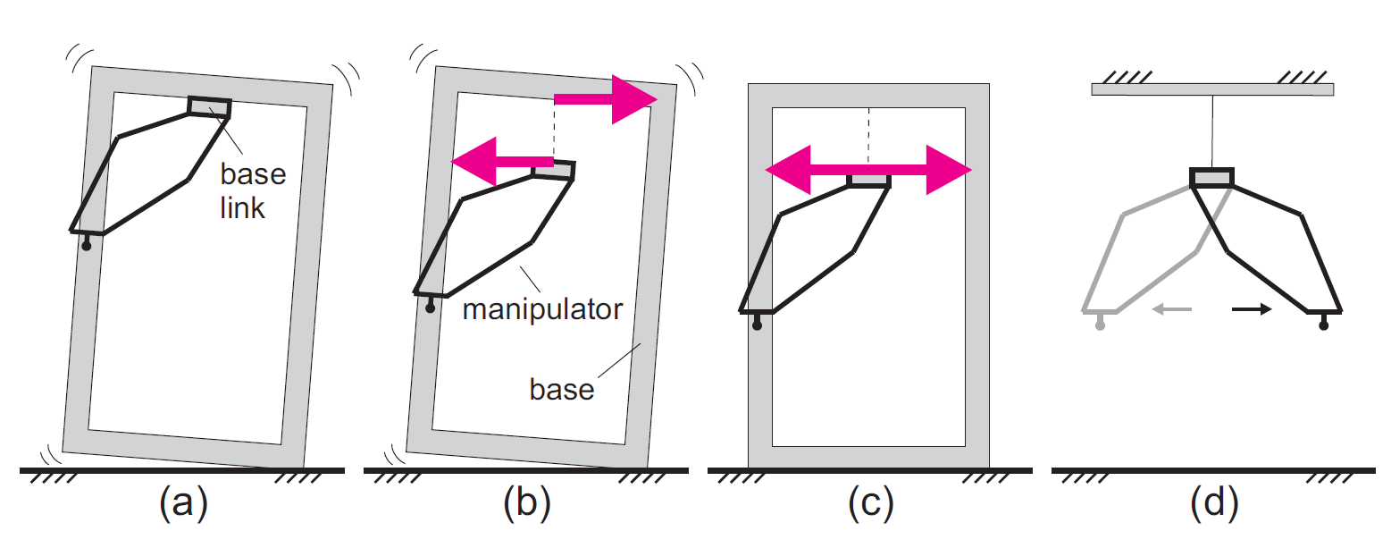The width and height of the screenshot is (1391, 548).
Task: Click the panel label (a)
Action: pyautogui.click(x=184, y=502)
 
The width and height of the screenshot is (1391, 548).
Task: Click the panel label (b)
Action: pyautogui.click(x=527, y=502)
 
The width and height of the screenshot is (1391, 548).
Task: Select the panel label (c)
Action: pyautogui.click(x=871, y=502)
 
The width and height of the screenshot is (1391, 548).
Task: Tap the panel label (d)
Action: pyautogui.click(x=1215, y=502)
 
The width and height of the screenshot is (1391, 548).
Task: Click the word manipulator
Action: pyautogui.click(x=542, y=309)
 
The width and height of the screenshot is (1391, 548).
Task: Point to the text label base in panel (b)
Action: pyautogui.click(x=562, y=390)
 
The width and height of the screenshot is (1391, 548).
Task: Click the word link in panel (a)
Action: pyautogui.click(x=242, y=207)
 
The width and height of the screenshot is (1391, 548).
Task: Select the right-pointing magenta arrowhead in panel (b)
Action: pyautogui.click(x=634, y=99)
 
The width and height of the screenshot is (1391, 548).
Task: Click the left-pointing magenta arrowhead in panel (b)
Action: pyautogui.click(x=473, y=162)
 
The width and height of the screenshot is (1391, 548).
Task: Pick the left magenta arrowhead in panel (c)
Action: pyautogui.click(x=788, y=170)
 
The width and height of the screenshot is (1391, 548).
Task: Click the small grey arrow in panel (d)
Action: pyautogui.click(x=1172, y=308)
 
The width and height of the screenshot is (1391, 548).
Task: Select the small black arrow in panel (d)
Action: pyautogui.click(x=1252, y=308)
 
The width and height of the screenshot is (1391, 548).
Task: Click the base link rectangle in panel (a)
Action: pyautogui.click(x=209, y=107)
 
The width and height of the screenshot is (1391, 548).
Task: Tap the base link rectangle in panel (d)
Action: pyautogui.click(x=1211, y=178)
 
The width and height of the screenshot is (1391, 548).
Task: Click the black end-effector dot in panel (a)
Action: pyautogui.click(x=87, y=246)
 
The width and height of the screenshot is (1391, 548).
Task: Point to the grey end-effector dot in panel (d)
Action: pyautogui.click(x=1100, y=325)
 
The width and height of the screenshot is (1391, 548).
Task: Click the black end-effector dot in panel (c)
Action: pyautogui.click(x=757, y=325)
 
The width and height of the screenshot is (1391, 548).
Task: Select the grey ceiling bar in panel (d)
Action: pyautogui.click(x=1212, y=89)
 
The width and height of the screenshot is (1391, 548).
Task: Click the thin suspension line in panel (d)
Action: pyautogui.click(x=1211, y=131)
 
